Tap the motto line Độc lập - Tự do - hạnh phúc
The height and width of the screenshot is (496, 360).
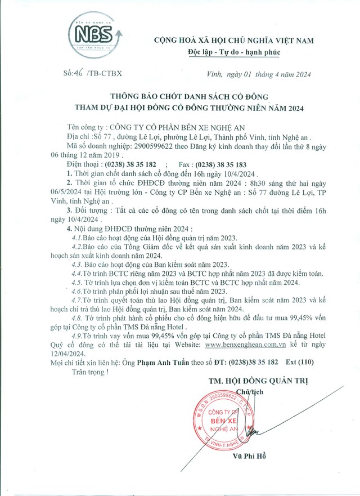233,52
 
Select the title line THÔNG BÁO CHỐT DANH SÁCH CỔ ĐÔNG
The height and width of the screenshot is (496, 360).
189,96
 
